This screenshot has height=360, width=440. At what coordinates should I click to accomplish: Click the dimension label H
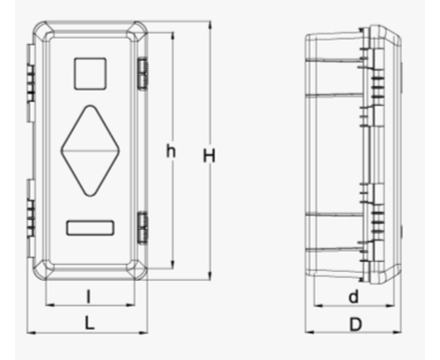(209, 156)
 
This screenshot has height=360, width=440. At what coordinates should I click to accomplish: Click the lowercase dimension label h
(171, 151)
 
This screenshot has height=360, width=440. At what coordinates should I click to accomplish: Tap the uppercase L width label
(90, 323)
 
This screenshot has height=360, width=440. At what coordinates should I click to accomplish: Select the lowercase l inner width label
(88, 296)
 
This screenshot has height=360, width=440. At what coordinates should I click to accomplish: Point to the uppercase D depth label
(356, 325)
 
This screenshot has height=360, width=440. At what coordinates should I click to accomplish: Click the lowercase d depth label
(354, 297)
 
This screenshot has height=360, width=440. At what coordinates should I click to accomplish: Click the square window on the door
(90, 74)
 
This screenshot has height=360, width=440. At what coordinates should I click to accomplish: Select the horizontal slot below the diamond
(90, 228)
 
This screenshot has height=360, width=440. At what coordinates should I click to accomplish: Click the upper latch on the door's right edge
(143, 73)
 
